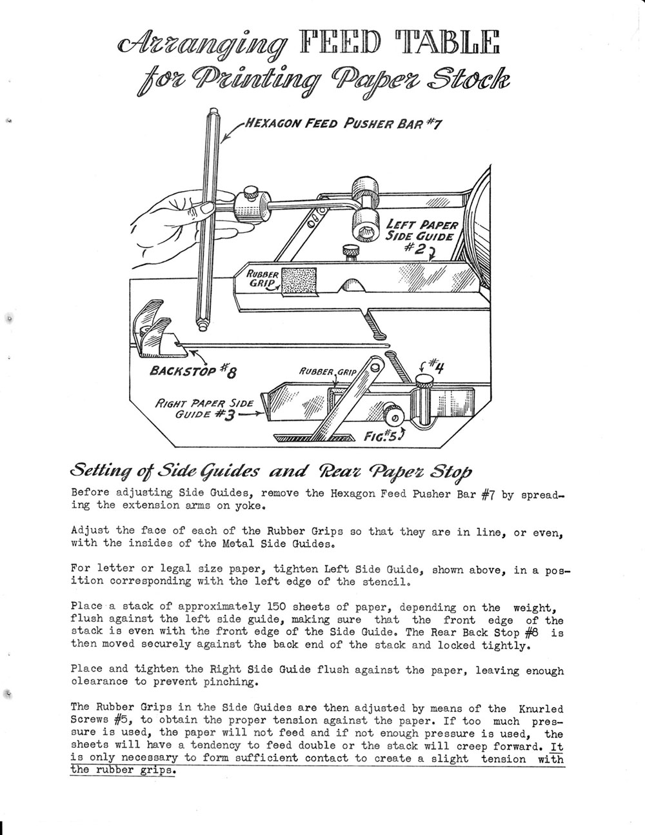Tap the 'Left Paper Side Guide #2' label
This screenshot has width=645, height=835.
[x=422, y=236]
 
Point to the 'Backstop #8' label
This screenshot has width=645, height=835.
[x=193, y=371]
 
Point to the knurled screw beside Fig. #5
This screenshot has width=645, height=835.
[x=392, y=412]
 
